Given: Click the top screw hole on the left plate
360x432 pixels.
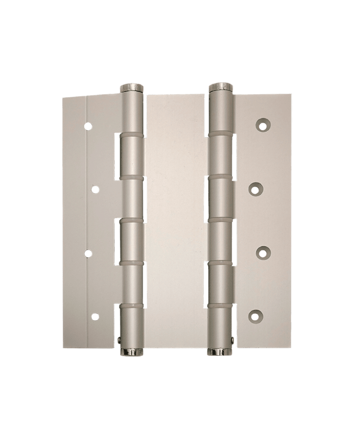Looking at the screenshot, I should [88, 127].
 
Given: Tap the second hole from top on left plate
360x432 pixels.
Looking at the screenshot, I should [95, 190].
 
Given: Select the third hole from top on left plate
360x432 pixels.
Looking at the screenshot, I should [88, 252].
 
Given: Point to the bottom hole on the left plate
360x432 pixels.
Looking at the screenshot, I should [95, 316].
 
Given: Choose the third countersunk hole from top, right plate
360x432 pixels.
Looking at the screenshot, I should [262, 252].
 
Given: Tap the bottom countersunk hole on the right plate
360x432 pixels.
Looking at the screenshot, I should [255, 315].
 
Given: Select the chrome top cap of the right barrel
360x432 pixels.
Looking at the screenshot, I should [221, 87].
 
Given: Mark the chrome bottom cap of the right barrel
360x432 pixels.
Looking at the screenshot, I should [219, 353].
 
